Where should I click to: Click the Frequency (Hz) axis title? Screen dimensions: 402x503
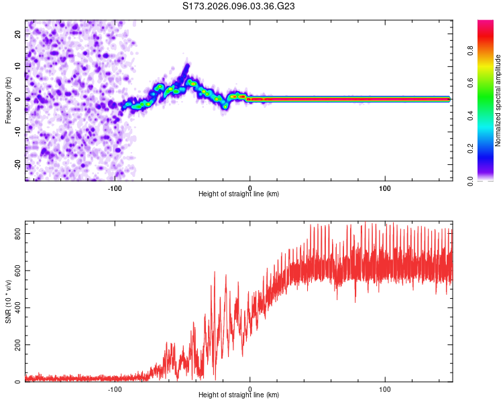click(x=9, y=99)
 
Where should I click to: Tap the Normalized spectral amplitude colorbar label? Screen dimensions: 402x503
click(x=498, y=100)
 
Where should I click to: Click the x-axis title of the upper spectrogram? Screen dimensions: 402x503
click(x=239, y=194)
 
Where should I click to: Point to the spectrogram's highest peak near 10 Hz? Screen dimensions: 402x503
click(x=187, y=66)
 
